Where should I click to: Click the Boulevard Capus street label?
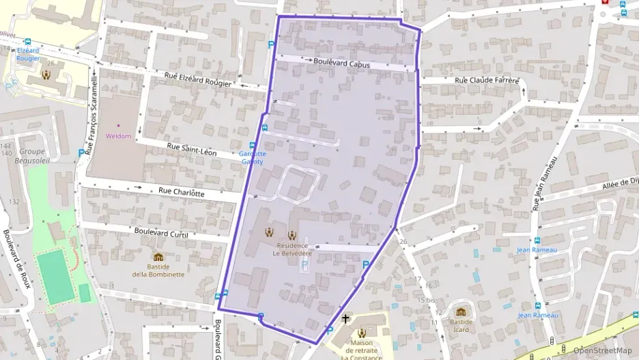pyautogui.click(x=341, y=62)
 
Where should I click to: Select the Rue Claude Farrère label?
pyautogui.click(x=487, y=81)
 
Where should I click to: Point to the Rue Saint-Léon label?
pyautogui.click(x=192, y=150)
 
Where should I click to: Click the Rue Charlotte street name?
pyautogui.click(x=181, y=193)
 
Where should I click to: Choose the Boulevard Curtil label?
pyautogui.click(x=161, y=234)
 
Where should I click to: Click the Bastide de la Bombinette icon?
pyautogui.click(x=158, y=258)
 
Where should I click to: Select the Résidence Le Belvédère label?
pyautogui.click(x=291, y=248)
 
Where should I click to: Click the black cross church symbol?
pyautogui.click(x=345, y=318)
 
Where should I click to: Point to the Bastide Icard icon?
pyautogui.click(x=460, y=311)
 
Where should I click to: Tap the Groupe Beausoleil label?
pyautogui.click(x=31, y=156)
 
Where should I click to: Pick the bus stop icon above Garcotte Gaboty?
pyautogui.click(x=253, y=145)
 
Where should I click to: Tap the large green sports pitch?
pyautogui.click(x=57, y=277)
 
